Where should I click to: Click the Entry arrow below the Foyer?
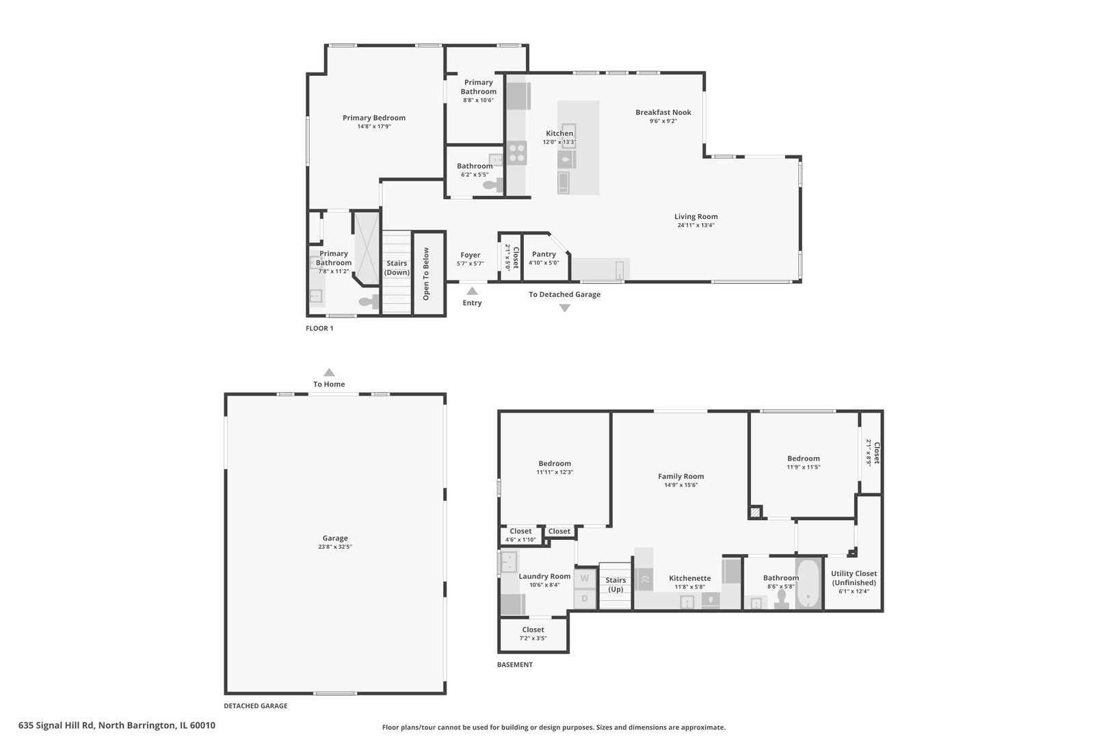coord(472,291)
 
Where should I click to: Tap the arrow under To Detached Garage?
coord(564,308)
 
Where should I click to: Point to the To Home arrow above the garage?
coord(329,372)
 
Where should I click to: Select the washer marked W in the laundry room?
coord(585,578)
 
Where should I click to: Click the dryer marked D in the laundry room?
coord(585,599)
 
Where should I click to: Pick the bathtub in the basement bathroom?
coord(808,584)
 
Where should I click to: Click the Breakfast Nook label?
coord(663,112)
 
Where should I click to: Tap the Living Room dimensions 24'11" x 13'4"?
coord(696,225)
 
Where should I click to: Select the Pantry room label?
coord(544,254)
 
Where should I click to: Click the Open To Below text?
coord(426,274)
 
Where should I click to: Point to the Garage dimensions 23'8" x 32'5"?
coord(335,547)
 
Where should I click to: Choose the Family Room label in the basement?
coord(681,476)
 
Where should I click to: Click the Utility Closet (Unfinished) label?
coord(854,578)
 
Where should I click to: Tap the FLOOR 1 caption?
coord(319,328)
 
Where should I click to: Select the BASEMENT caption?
coord(515,664)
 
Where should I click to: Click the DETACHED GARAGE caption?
coord(255,706)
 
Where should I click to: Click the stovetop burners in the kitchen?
coord(516,153)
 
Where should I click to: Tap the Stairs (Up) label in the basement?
coord(616,584)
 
